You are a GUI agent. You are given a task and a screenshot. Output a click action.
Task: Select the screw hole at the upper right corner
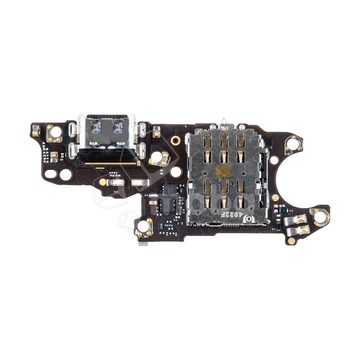293,144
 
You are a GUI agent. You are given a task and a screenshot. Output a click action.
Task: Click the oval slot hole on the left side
51,173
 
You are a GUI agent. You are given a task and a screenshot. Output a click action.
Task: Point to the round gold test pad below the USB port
103,182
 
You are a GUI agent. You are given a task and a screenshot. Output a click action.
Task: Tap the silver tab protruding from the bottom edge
144,243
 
